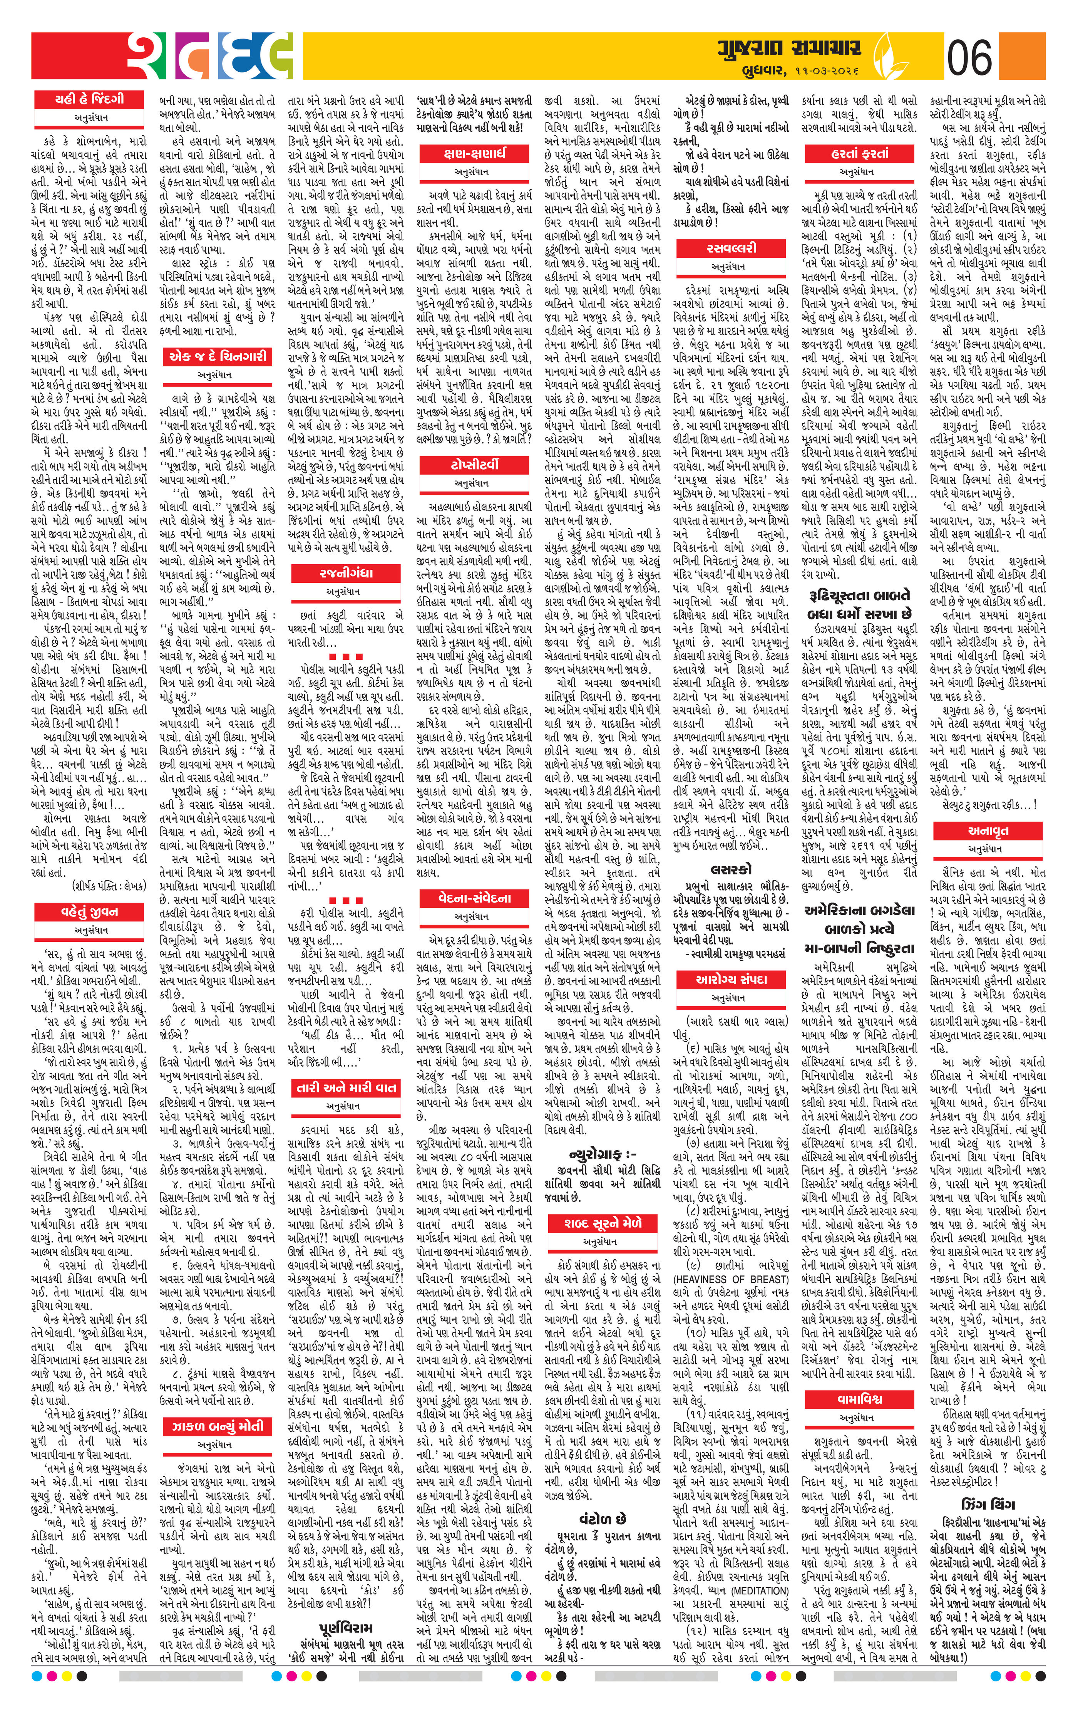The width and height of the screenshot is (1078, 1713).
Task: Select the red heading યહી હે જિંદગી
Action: pyautogui.click(x=90, y=99)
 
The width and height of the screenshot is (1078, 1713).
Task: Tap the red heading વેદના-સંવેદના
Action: pyautogui.click(x=474, y=898)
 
